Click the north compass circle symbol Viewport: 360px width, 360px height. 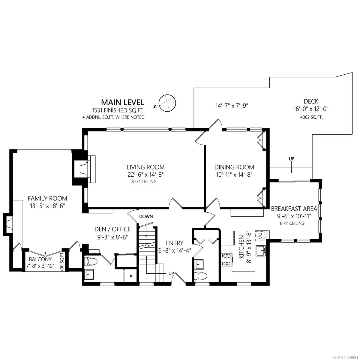(x=167, y=103)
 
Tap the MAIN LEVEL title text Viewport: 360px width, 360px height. (x=123, y=102)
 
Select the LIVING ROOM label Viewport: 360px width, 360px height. (x=146, y=167)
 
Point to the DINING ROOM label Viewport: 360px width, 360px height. (x=234, y=167)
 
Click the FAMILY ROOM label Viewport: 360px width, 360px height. (x=47, y=198)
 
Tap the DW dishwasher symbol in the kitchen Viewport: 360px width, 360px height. (x=260, y=237)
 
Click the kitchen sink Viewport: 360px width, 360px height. (x=261, y=251)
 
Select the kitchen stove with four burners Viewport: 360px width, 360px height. (x=227, y=259)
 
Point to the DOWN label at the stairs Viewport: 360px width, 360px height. (x=146, y=217)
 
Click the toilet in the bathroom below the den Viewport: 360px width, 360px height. (x=91, y=261)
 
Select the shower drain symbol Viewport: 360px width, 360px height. (x=131, y=276)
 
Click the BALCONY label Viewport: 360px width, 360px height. (x=40, y=259)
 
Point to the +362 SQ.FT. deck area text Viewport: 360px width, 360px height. (x=311, y=118)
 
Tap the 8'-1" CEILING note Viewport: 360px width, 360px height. (x=292, y=223)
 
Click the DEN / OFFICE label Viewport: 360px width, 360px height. (x=112, y=229)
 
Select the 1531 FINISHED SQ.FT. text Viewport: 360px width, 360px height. (x=118, y=110)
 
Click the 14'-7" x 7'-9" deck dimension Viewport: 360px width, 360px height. (x=232, y=106)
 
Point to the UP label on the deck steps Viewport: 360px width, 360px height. (x=291, y=159)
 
